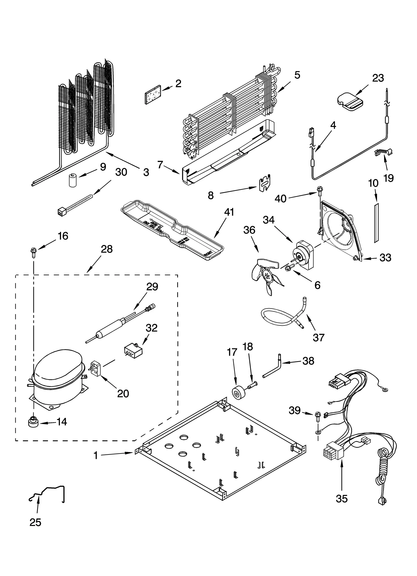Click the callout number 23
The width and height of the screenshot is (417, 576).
pos(378,78)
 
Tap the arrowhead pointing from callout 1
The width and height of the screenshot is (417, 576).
pos(132,453)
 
